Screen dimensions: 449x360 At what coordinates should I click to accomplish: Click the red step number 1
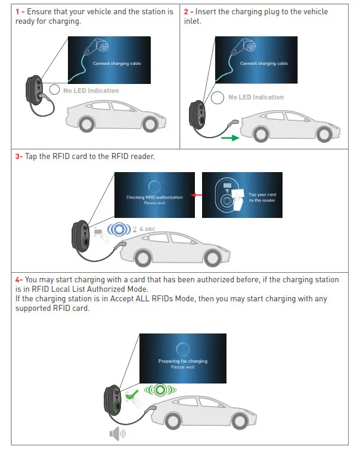coord(17,12)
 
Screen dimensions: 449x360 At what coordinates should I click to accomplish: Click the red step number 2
coord(186,12)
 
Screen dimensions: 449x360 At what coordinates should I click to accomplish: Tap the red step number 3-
coord(19,157)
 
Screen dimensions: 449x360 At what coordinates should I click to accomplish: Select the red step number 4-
coord(19,280)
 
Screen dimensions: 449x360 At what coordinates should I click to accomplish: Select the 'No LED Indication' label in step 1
coord(91,91)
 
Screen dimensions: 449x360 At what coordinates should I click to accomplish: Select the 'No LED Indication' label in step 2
coord(256,97)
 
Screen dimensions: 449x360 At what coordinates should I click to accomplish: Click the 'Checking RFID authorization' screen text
coord(154,197)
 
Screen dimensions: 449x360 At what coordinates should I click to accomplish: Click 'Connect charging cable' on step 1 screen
coord(120,64)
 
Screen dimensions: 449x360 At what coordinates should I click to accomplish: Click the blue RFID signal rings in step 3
coord(121,229)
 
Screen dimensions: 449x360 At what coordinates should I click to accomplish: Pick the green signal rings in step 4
coord(159,391)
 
